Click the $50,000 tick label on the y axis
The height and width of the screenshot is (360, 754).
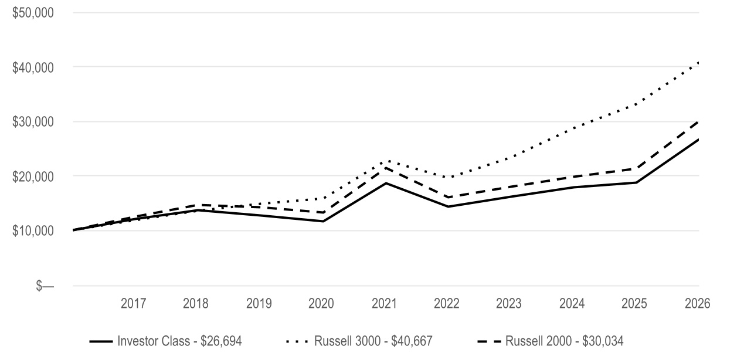33,13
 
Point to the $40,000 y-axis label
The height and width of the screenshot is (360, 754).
33,67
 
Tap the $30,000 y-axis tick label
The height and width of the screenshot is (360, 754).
33,122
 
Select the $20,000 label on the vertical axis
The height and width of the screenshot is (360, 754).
33,176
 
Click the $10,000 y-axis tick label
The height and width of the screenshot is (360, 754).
33,230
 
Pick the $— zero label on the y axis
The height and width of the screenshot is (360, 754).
45,286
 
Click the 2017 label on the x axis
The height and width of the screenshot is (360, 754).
133,304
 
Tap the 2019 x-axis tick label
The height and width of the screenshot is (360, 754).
259,304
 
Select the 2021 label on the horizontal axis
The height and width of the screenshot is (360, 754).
384,304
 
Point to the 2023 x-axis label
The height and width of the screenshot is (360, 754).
508,304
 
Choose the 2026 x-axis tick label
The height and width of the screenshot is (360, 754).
698,304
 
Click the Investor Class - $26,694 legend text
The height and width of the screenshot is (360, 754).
179,341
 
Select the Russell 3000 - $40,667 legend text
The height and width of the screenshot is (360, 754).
373,341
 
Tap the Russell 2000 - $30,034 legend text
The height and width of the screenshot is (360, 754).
565,341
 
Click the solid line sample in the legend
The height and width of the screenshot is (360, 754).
101,342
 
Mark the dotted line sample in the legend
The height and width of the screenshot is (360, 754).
297,342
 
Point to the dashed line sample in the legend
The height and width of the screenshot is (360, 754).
489,342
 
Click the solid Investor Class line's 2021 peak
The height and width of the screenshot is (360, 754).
386,183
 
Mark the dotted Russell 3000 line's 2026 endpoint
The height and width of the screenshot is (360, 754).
699,63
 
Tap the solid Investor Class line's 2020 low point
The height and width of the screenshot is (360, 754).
323,221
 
